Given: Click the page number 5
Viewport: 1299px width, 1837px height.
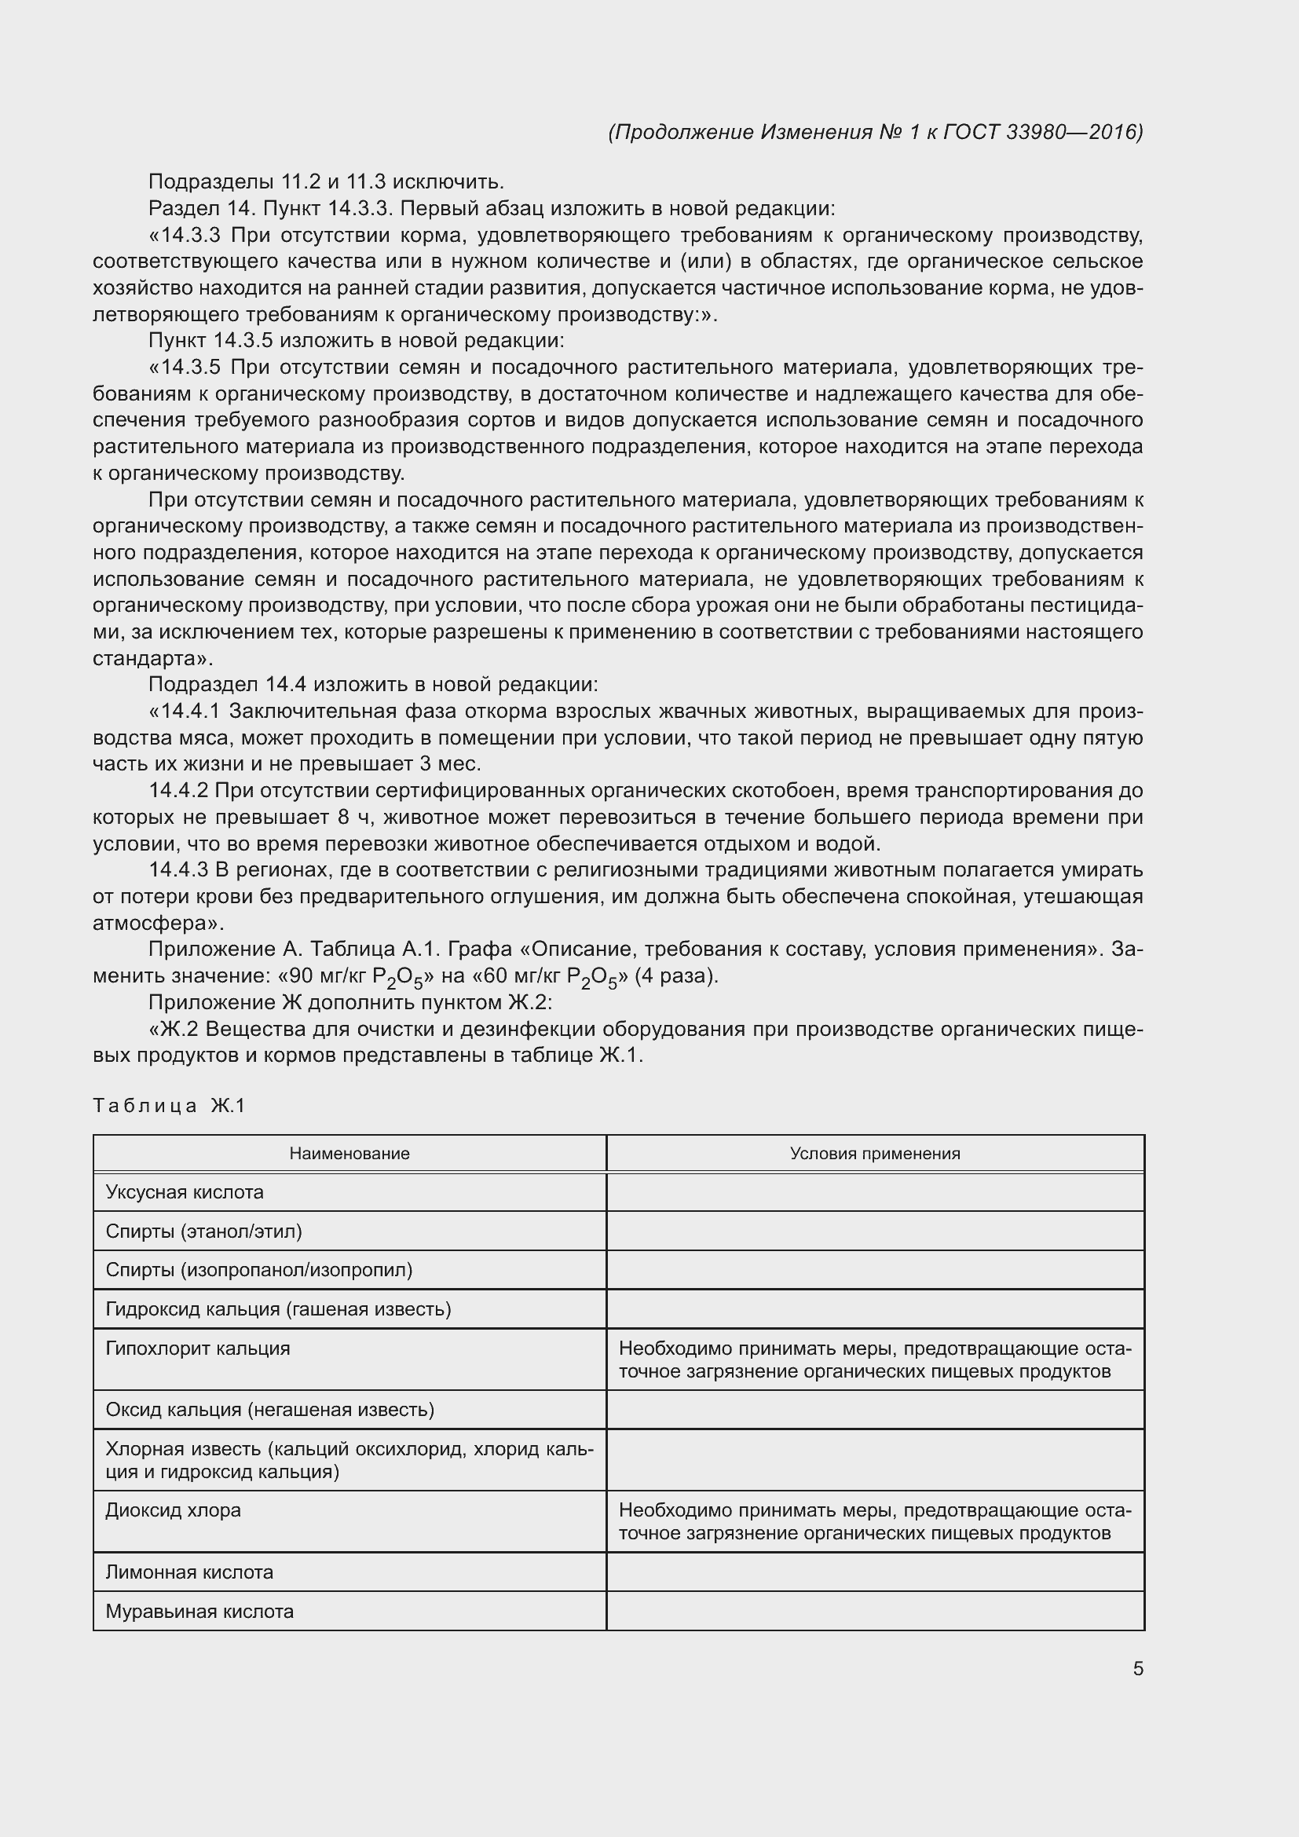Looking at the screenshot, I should tap(1137, 1668).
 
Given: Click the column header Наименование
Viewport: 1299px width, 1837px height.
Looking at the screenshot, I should tap(349, 1153).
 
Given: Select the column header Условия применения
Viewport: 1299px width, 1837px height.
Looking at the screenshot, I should tap(874, 1153).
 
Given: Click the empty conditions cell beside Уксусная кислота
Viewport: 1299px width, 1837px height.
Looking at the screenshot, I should tap(874, 1192).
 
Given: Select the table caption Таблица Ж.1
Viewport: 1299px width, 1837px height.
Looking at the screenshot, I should tap(169, 1106).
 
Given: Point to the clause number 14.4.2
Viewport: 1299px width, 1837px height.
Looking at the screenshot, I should tap(178, 791).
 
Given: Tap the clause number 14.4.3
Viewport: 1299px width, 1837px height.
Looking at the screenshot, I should tap(178, 869).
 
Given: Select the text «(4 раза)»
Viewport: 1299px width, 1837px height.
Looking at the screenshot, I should tap(676, 976).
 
